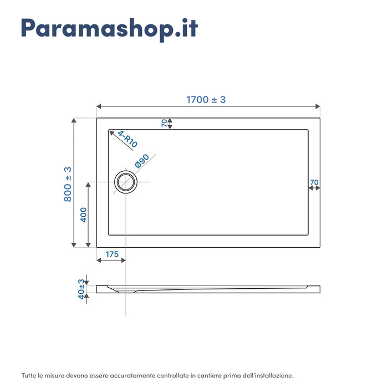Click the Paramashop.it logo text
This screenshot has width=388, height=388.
tap(109, 29)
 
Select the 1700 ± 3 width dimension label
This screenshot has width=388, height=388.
tap(206, 100)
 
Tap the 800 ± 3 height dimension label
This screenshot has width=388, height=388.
tap(68, 183)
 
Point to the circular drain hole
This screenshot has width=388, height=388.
tap(126, 182)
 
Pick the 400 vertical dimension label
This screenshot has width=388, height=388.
tap(83, 214)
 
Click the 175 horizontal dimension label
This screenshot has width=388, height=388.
tap(111, 254)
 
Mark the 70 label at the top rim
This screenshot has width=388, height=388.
tap(165, 123)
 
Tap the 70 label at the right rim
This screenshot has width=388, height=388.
tap(314, 182)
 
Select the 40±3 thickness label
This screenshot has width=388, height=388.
tap(81, 289)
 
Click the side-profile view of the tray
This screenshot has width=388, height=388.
tap(208, 289)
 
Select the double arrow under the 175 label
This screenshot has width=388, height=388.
tap(111, 261)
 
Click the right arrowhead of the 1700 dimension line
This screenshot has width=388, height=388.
tap(318, 106)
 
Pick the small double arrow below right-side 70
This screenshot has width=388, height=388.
tap(314, 188)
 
